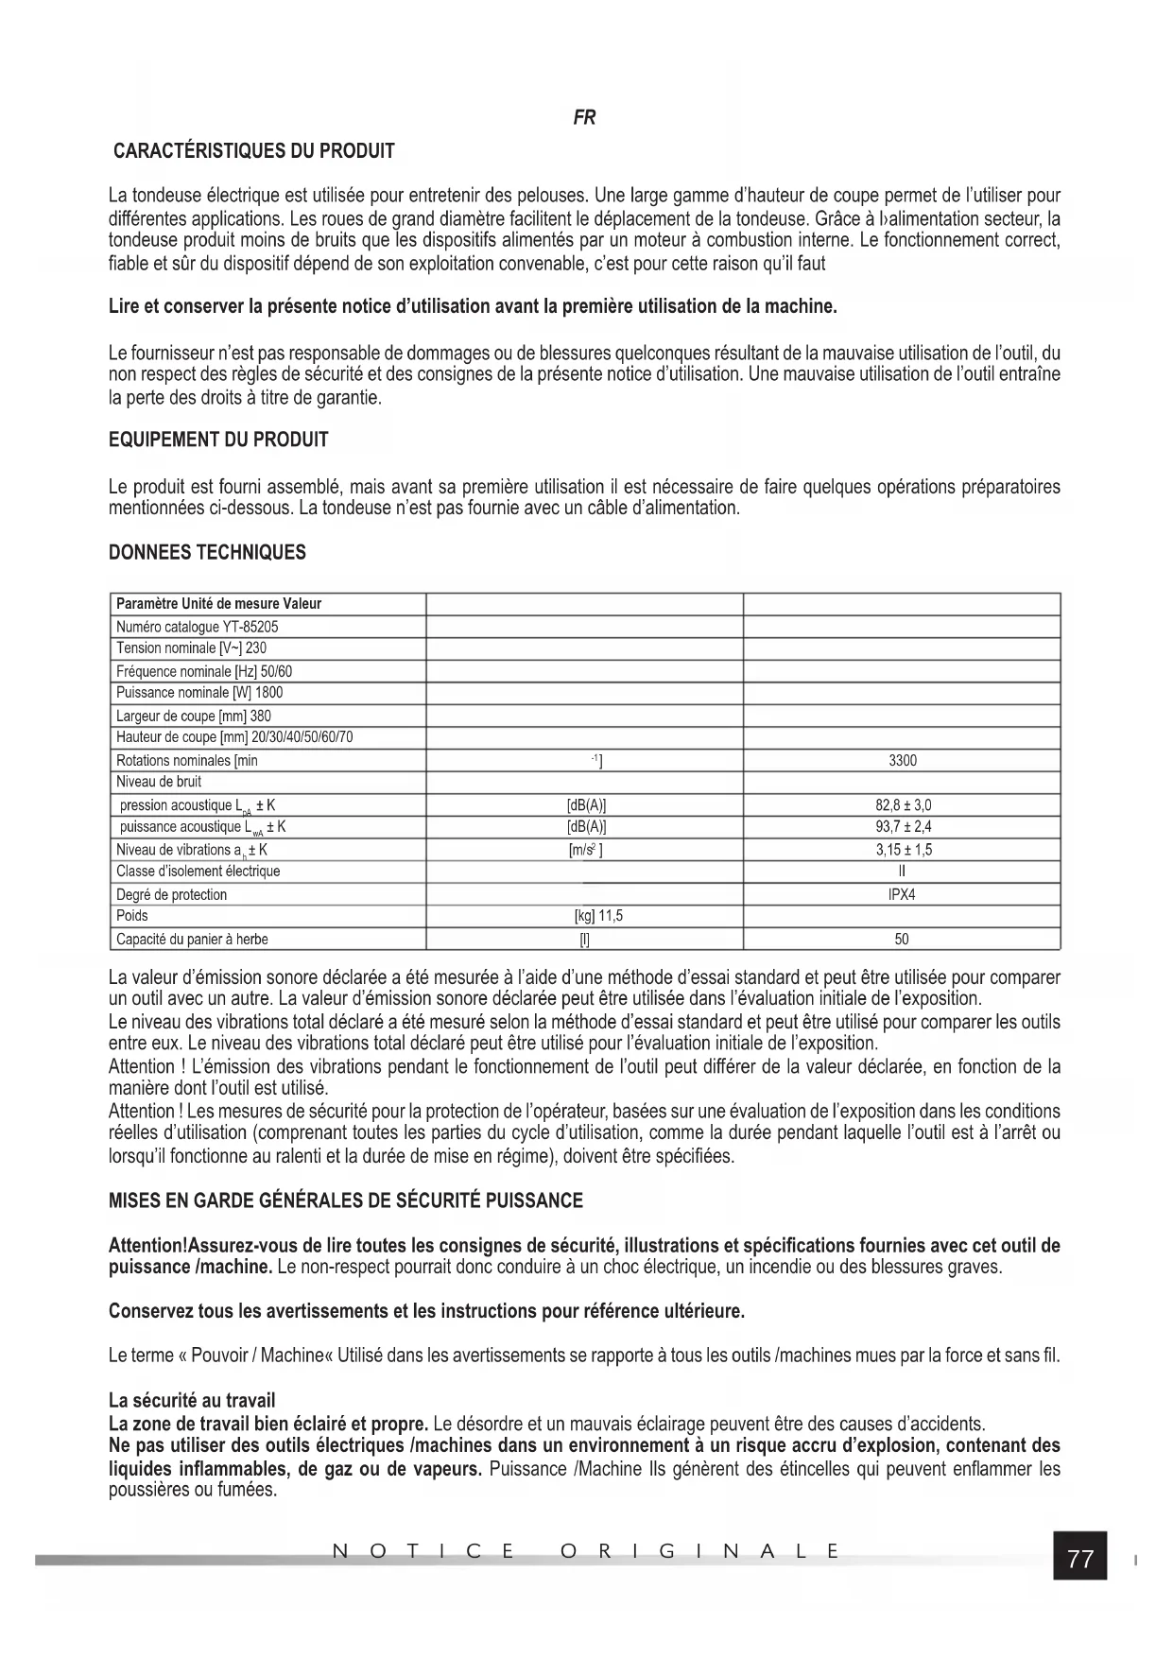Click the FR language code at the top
click(584, 118)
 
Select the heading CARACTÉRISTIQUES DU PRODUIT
click(253, 151)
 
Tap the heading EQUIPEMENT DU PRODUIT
click(218, 440)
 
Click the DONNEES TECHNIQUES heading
click(207, 553)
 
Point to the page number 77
click(1079, 1559)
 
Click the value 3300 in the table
click(903, 760)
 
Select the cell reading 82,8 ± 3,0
click(903, 805)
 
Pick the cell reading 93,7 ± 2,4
click(903, 827)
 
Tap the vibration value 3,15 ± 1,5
click(903, 850)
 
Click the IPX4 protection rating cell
click(903, 894)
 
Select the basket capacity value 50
click(903, 940)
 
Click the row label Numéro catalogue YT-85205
click(197, 627)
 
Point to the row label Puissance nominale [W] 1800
click(198, 693)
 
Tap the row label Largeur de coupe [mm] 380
click(193, 716)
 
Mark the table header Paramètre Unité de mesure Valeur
click(218, 604)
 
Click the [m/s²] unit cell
click(586, 850)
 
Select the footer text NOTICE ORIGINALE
click(586, 1551)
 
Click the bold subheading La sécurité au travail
click(192, 1401)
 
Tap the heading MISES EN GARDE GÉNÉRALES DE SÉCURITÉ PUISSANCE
click(345, 1201)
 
